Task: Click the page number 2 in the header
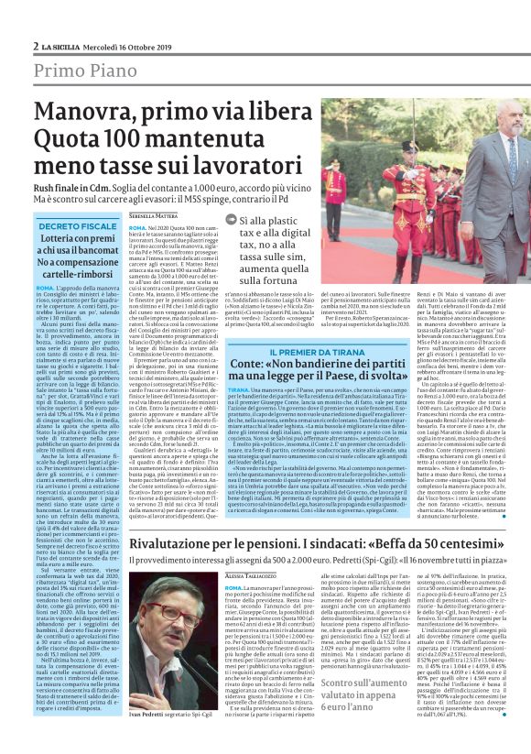click(x=36, y=46)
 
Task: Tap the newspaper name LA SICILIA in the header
click(x=60, y=46)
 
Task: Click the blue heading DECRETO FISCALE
click(x=78, y=225)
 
